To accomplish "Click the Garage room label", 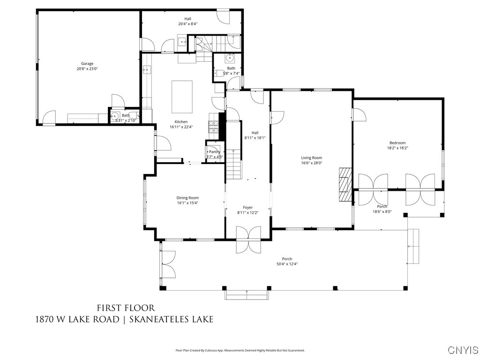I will [87, 64].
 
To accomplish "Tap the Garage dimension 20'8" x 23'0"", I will [87, 69].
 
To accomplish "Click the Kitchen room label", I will [181, 122].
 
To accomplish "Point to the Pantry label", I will [214, 152].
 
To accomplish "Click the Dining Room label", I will [187, 198].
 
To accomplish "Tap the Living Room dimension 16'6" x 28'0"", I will [312, 163].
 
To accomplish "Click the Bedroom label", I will [397, 143].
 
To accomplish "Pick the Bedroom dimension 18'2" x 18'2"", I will [397, 148].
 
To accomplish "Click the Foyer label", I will [247, 207].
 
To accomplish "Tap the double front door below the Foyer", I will [247, 239].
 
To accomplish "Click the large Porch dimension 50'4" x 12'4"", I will [287, 264].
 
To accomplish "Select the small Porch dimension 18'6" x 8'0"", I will [382, 211].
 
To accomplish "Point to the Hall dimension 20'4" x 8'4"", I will [187, 24].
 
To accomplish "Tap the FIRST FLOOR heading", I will [126, 308].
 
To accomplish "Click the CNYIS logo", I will [463, 350].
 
